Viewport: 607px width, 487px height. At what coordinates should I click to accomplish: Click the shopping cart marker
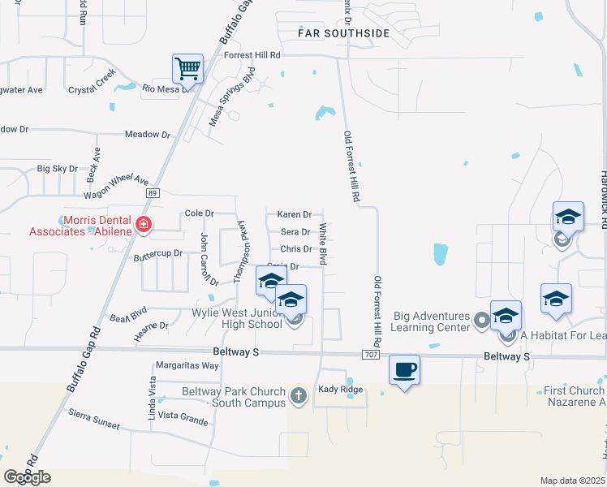coord(187,68)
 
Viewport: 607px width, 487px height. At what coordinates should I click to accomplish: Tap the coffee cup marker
coord(404,370)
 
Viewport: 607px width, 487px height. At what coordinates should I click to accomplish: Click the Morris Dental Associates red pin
coord(144,224)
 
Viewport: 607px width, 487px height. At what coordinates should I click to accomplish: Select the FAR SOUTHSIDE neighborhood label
coord(344,33)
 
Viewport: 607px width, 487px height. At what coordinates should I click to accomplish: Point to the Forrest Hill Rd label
coord(252,55)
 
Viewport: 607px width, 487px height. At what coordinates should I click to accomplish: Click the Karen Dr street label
coord(295,214)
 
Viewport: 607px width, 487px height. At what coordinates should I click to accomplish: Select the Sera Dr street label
coord(295,232)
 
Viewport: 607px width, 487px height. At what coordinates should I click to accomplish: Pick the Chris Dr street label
coord(295,249)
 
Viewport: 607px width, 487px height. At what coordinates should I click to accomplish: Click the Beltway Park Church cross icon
coord(298,397)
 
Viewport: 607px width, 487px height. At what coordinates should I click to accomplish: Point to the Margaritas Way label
coord(187,365)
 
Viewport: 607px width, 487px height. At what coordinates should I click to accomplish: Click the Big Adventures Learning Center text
coord(431,321)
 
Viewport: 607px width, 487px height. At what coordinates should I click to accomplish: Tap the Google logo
coord(27,477)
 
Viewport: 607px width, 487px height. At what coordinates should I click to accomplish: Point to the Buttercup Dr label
coord(158,254)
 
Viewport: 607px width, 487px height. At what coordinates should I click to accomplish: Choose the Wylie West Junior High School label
coord(236,318)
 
